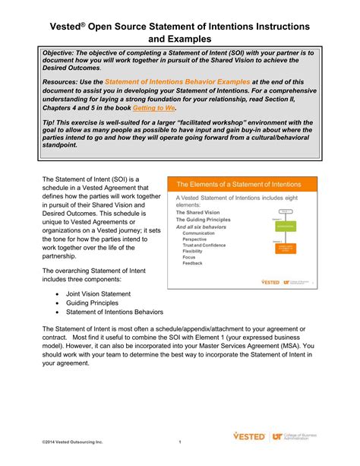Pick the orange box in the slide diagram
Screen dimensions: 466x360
tap(286, 249)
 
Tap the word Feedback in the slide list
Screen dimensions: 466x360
tap(193, 263)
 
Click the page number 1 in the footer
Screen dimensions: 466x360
tap(180, 442)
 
